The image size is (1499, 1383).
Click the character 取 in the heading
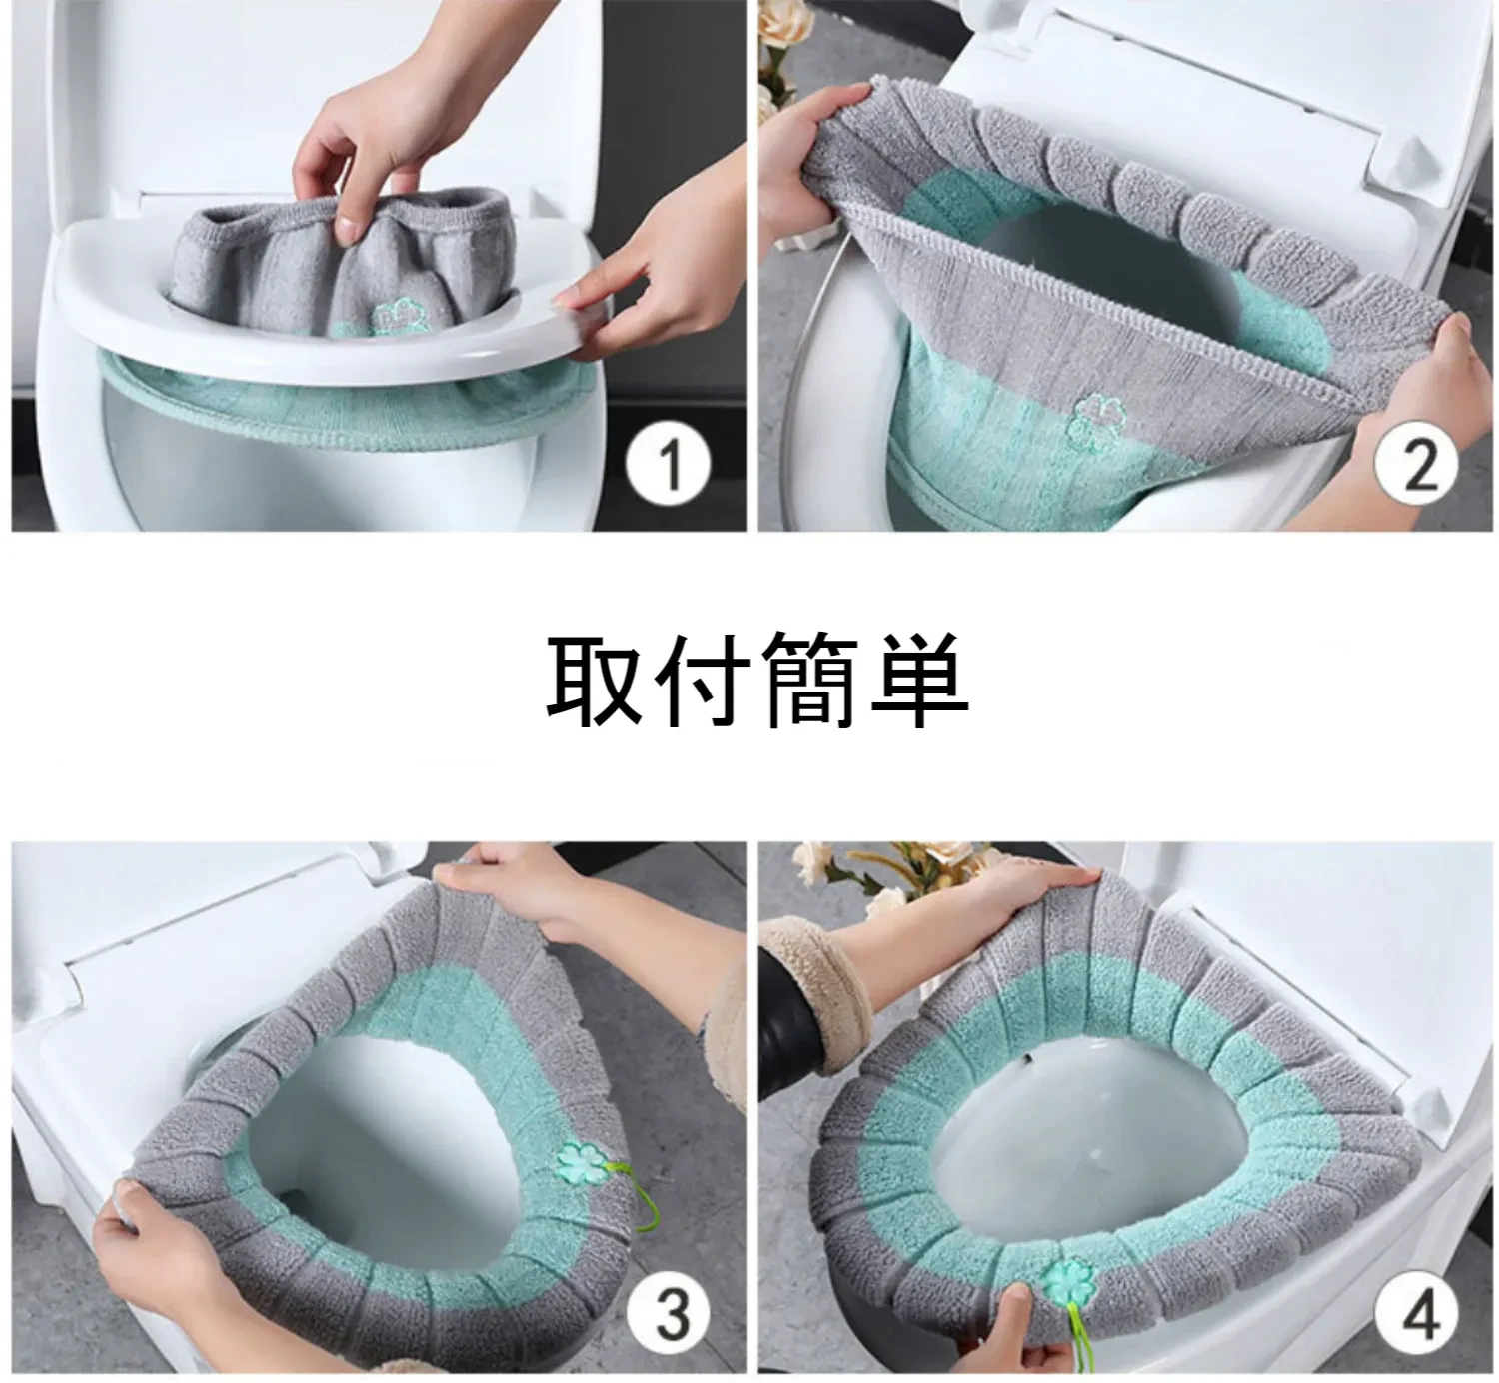592,680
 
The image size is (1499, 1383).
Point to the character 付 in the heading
700,680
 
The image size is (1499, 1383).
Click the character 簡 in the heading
807,680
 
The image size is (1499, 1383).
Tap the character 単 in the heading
917,680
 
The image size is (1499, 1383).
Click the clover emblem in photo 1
391,316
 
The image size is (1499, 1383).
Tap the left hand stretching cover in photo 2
814,140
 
